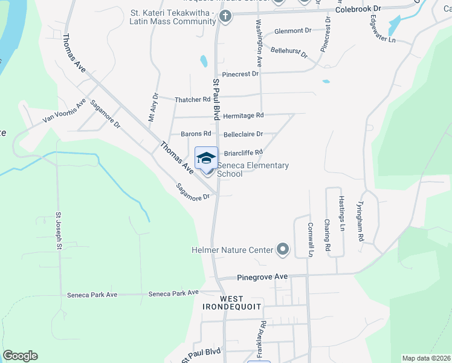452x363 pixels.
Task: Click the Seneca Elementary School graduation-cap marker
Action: pyautogui.click(x=206, y=159)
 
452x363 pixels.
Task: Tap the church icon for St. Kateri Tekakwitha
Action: pyautogui.click(x=226, y=16)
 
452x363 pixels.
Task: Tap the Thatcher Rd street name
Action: pyautogui.click(x=192, y=100)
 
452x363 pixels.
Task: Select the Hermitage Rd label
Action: pyautogui.click(x=244, y=115)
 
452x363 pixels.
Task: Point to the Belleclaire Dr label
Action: pyautogui.click(x=243, y=134)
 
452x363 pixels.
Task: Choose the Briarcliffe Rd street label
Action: pyautogui.click(x=244, y=152)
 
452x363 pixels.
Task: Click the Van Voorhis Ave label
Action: pyautogui.click(x=64, y=111)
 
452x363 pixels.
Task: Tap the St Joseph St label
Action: pyautogui.click(x=59, y=231)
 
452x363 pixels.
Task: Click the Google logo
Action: pyautogui.click(x=20, y=356)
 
